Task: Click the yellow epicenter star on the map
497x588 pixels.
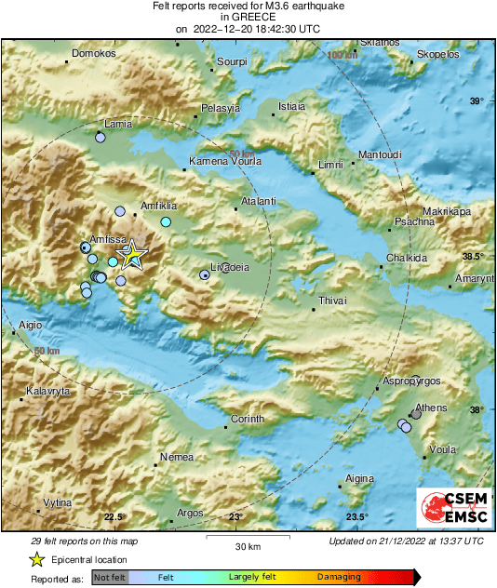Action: (x=132, y=254)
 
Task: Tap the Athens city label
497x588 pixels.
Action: (x=431, y=408)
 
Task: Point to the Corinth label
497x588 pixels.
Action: (x=248, y=419)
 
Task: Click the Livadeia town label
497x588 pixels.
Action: (x=231, y=267)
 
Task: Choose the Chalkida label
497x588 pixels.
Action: (x=407, y=258)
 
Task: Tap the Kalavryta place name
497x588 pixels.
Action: (x=48, y=392)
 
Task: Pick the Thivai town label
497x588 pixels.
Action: (x=332, y=301)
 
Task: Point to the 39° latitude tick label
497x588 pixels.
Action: (x=476, y=100)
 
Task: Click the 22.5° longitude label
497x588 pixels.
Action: (x=114, y=517)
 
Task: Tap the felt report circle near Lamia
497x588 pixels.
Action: (x=101, y=138)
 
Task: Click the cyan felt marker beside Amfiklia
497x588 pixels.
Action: (x=166, y=222)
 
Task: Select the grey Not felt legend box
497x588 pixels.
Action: (x=109, y=578)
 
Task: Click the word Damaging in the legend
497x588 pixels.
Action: (x=339, y=578)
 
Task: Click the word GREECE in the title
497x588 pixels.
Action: (x=248, y=17)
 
